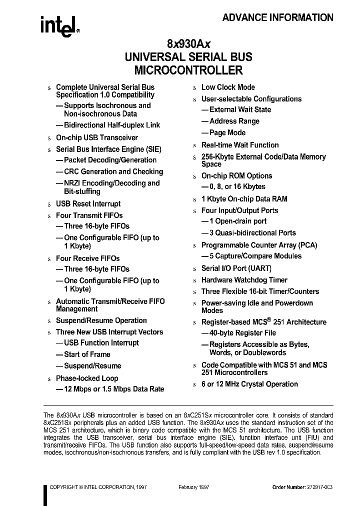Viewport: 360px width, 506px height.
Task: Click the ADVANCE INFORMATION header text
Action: point(277,17)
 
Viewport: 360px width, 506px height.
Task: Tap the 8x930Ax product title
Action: point(188,43)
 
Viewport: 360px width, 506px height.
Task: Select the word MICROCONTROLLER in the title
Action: point(188,70)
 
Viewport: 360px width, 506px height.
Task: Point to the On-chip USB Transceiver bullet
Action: point(96,137)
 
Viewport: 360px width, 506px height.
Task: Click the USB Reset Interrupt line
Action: point(88,203)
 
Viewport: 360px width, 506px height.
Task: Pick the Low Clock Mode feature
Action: point(228,87)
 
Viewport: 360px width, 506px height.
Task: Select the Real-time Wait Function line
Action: point(240,145)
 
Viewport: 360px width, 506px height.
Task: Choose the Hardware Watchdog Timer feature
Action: point(244,280)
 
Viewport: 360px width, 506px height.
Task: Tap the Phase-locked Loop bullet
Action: point(87,378)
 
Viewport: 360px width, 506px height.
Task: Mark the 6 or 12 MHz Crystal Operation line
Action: point(249,384)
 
